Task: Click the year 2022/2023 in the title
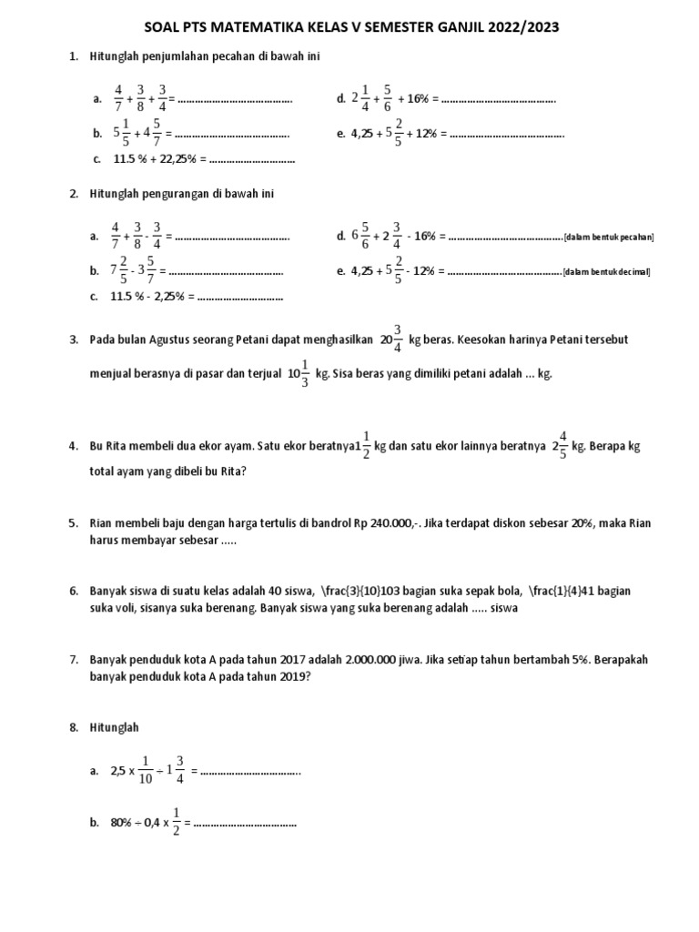(x=522, y=27)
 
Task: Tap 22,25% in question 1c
(x=183, y=159)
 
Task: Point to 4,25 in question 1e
(x=365, y=133)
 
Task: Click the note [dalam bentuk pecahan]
(x=609, y=238)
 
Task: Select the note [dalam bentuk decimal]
(x=607, y=272)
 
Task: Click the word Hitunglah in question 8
(x=115, y=728)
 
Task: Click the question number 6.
(x=73, y=591)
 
